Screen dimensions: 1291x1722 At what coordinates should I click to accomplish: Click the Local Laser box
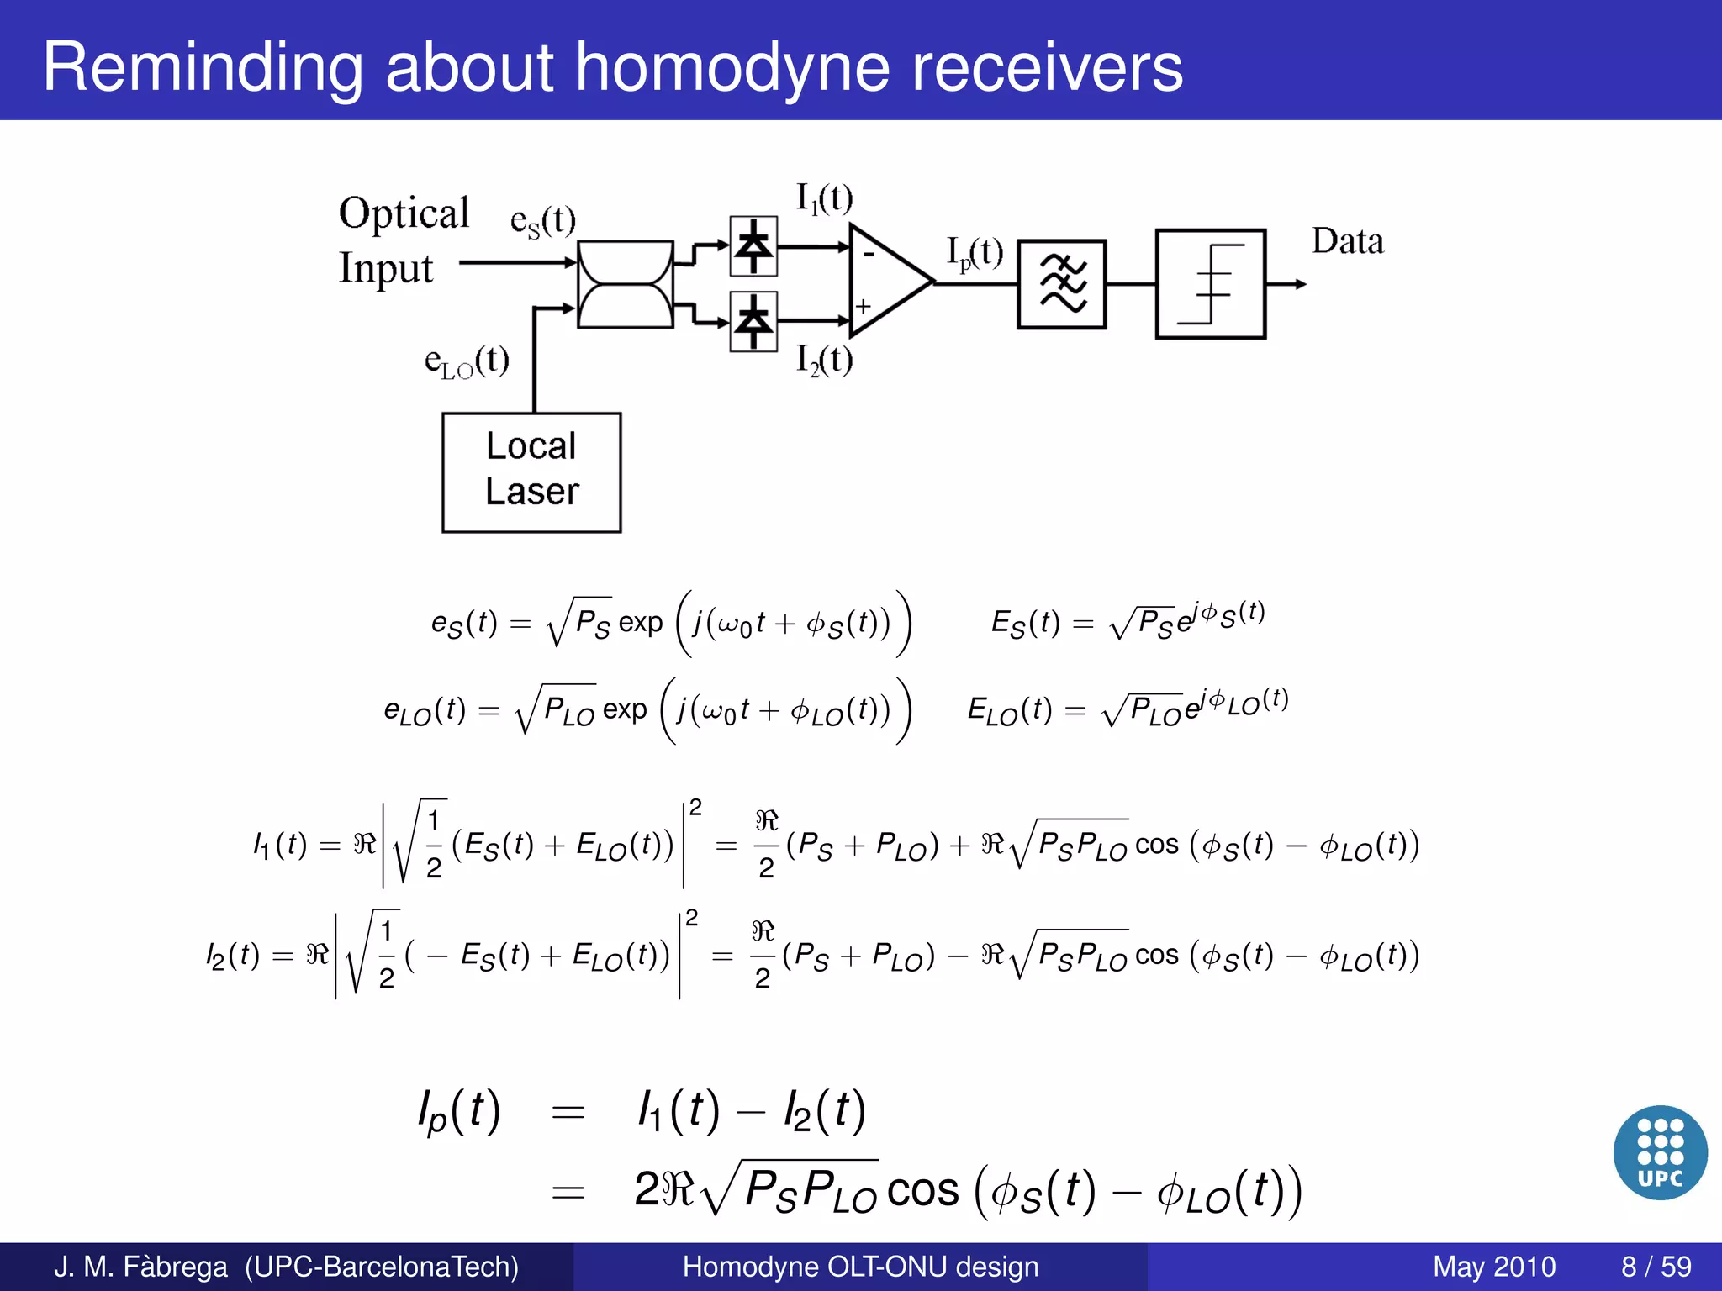point(531,472)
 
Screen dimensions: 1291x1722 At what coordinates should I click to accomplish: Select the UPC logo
point(1660,1152)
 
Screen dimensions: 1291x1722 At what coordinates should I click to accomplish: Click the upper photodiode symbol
point(753,246)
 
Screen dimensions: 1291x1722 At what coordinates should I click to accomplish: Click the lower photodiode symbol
point(753,321)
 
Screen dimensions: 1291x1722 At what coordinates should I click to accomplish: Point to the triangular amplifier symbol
point(887,282)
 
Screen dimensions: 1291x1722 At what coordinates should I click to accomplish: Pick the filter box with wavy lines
point(1061,284)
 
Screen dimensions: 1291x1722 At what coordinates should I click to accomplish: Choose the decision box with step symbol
point(1210,284)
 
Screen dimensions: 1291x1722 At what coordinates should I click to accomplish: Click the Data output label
point(1347,242)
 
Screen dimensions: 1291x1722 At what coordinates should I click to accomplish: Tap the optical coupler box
point(626,284)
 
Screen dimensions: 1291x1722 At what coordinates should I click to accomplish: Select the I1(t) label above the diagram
point(824,199)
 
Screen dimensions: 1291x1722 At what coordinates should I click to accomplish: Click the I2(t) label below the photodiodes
point(824,361)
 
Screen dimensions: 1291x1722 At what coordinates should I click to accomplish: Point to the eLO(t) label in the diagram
point(467,361)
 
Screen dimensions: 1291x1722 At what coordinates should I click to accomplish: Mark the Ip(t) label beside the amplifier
point(975,252)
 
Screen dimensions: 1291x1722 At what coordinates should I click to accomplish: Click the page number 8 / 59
point(1656,1267)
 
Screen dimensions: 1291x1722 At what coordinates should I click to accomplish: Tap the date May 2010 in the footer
point(1493,1267)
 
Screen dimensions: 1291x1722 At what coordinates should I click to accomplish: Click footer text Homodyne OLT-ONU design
point(860,1267)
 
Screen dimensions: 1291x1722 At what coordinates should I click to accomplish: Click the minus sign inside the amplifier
point(869,253)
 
